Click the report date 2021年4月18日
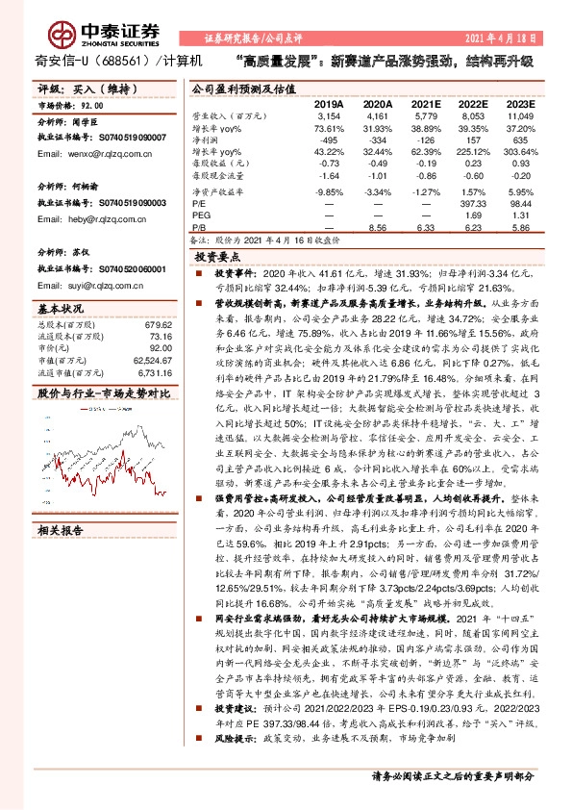point(520,38)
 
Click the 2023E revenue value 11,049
point(521,116)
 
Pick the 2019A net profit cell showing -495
point(329,140)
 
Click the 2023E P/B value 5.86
point(523,229)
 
